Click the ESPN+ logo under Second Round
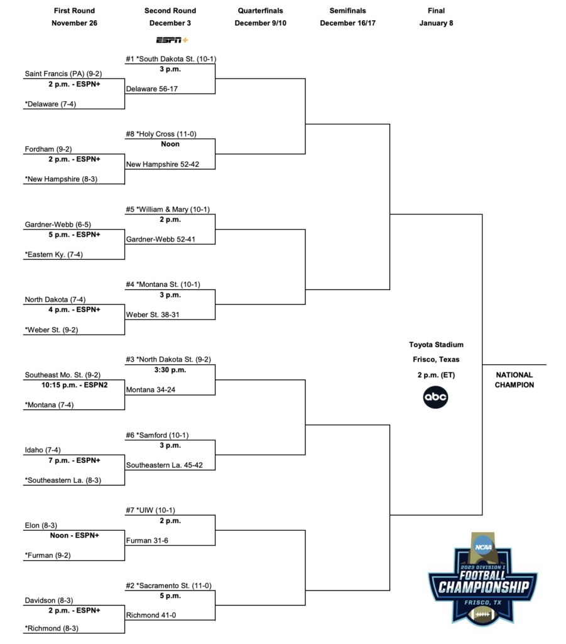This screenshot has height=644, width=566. point(172,40)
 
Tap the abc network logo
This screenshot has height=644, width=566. point(435,397)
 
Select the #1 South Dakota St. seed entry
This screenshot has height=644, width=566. point(171,59)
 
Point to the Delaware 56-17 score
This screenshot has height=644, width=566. point(152,89)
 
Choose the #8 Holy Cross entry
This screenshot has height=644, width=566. point(161,134)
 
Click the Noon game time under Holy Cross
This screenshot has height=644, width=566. point(170,144)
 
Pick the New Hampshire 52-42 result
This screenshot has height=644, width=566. point(163,164)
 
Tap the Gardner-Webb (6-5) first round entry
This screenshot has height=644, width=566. point(58,225)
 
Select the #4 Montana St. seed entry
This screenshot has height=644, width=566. point(163,284)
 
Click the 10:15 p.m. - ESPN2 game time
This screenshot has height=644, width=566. point(74,385)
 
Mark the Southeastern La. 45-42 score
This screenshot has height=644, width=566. point(165,465)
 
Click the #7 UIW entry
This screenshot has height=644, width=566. point(150,510)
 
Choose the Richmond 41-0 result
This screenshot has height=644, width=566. point(151,615)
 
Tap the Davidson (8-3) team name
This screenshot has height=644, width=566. point(49,601)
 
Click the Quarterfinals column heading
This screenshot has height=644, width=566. point(261,11)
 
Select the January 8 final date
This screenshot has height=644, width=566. point(436,23)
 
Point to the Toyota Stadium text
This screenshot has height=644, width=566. point(436,345)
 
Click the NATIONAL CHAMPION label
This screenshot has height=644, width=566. point(514,380)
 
